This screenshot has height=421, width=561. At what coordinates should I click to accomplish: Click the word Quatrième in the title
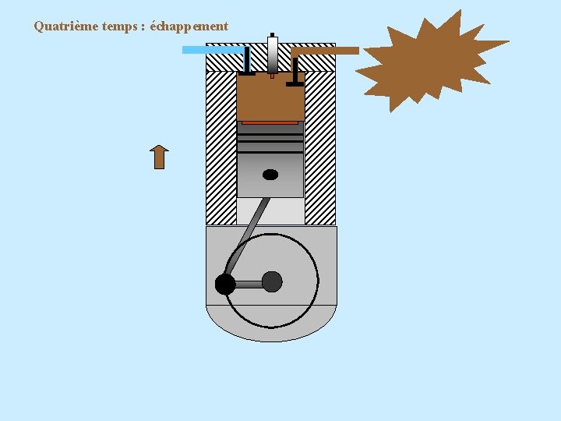66,26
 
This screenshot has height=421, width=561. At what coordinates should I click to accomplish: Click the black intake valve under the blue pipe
247,62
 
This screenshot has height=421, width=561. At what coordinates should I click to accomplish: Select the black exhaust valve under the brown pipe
295,70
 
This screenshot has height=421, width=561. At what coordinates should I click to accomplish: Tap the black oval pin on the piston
270,175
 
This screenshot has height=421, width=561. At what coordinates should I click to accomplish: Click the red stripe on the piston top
270,122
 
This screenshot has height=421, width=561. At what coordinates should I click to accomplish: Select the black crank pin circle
225,285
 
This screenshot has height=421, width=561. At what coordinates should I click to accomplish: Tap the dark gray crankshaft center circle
272,281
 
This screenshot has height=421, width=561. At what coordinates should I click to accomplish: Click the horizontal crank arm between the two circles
249,285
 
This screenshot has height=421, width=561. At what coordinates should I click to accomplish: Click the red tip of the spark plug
272,76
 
